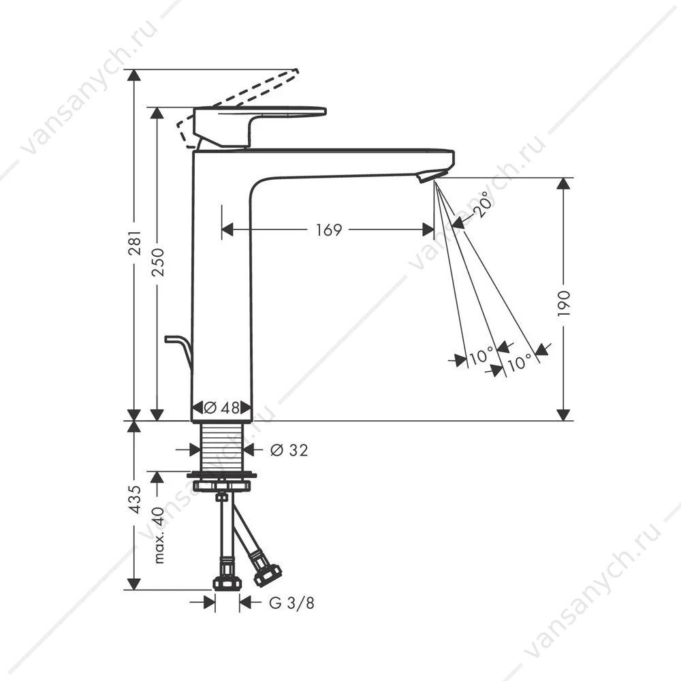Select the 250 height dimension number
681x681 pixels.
pyautogui.click(x=158, y=262)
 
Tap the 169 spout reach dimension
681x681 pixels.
pyautogui.click(x=329, y=229)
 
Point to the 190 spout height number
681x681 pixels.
pyautogui.click(x=564, y=303)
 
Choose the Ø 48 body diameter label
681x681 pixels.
pyautogui.click(x=221, y=408)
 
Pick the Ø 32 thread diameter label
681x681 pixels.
pyautogui.click(x=289, y=450)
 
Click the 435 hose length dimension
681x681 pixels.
pyautogui.click(x=135, y=499)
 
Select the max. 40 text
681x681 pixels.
pyautogui.click(x=159, y=535)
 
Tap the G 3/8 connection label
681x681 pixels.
pyautogui.click(x=292, y=603)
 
